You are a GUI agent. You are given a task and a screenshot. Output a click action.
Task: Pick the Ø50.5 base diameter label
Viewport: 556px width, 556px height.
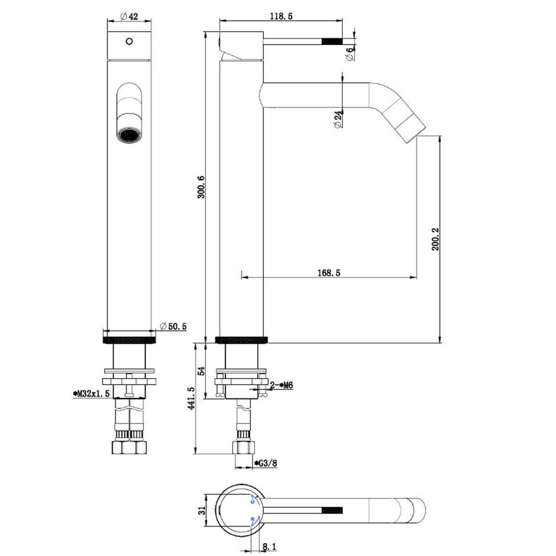tap(173, 326)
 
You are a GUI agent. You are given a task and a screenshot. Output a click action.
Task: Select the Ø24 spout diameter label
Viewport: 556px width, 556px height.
tap(337, 118)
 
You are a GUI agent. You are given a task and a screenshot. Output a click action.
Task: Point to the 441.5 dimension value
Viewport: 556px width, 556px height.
tap(192, 398)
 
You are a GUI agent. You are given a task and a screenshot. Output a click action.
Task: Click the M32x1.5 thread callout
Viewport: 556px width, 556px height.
tap(92, 393)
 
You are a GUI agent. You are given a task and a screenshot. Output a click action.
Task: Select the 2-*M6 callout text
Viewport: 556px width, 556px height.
tap(281, 385)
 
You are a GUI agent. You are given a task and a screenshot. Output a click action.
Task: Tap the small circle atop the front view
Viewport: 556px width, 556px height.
tap(128, 42)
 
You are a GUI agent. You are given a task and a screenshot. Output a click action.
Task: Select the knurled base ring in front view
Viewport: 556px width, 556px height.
tap(128, 339)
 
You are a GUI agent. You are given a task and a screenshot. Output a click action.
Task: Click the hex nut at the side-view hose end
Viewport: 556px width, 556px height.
tap(242, 448)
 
